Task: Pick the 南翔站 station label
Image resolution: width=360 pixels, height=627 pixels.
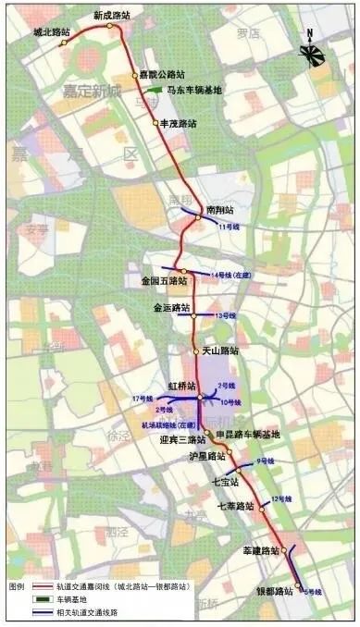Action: click(x=219, y=210)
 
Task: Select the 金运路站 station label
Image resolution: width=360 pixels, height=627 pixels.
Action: click(x=171, y=307)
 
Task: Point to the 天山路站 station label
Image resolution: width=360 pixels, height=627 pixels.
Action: click(x=220, y=350)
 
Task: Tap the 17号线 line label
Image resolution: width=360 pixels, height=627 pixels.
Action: click(x=141, y=398)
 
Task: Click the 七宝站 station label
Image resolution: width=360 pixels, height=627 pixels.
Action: click(x=225, y=482)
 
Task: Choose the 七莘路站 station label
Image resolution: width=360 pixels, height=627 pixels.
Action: click(x=235, y=507)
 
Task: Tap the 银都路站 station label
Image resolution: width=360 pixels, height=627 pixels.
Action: click(x=274, y=590)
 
